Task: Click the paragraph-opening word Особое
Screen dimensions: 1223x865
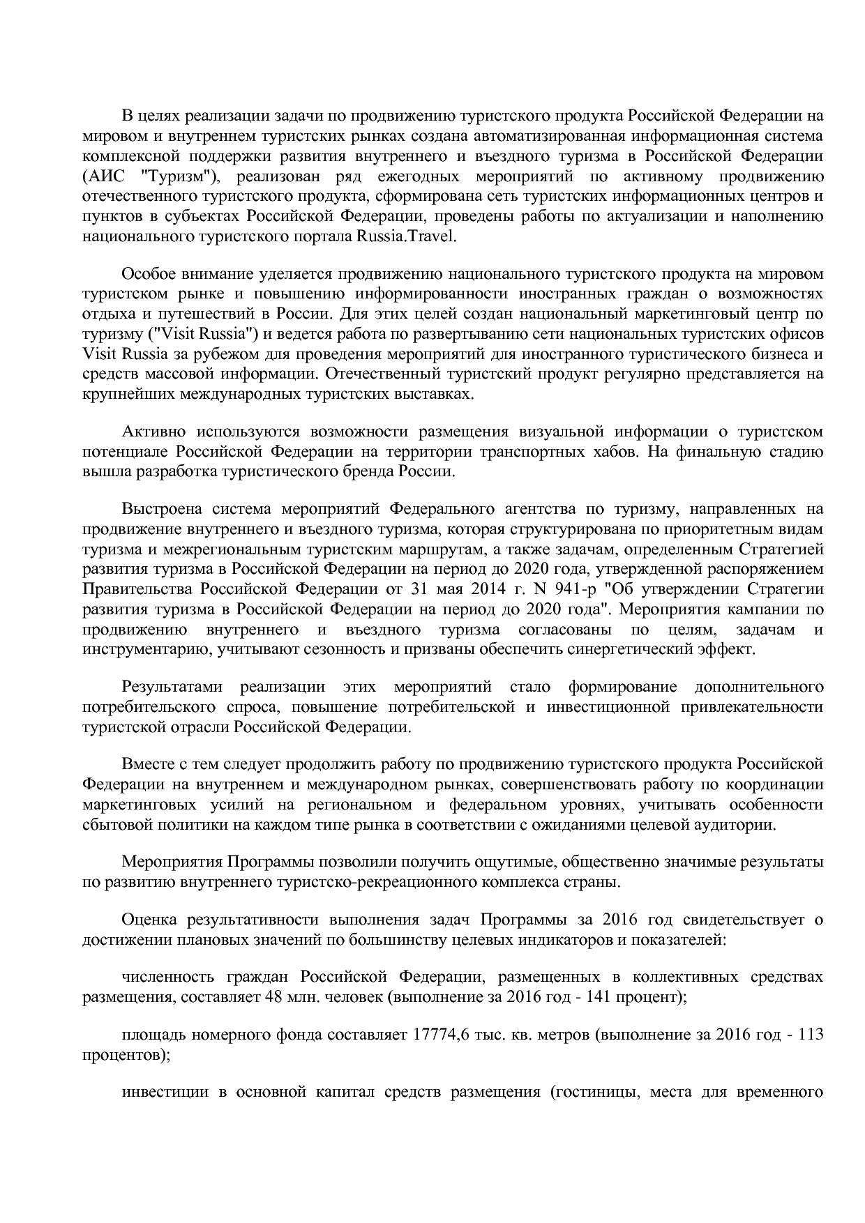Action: point(146,273)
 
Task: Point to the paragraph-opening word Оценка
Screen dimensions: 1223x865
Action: point(148,920)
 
